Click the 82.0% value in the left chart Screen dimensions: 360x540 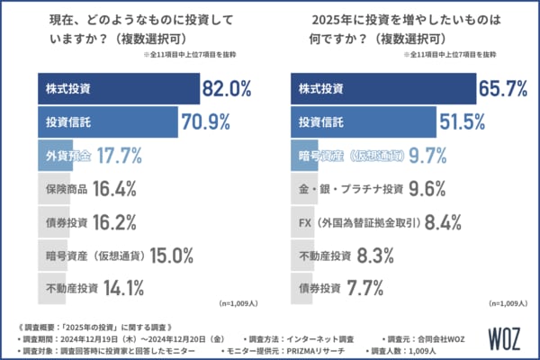[232, 89]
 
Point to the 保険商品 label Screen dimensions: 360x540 [67, 188]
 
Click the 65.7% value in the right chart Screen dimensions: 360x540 [506, 89]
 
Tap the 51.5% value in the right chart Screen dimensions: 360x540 [467, 121]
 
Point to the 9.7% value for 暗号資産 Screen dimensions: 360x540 [446, 155]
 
